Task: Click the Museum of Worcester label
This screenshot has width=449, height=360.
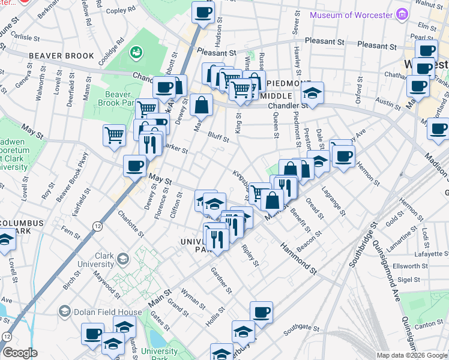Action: (351, 14)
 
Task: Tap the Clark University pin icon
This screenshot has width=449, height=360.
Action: (123, 259)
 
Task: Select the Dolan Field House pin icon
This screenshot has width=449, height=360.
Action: (65, 311)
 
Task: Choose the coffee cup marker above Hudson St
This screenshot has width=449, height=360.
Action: (203, 12)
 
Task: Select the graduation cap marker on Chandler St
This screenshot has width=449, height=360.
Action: (312, 93)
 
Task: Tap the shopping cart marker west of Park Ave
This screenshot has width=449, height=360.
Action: (114, 134)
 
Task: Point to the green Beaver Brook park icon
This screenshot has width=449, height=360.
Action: (137, 53)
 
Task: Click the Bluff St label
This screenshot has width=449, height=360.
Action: (218, 137)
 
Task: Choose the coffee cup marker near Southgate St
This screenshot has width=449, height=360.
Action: (261, 312)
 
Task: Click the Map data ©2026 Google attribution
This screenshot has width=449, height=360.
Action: (411, 355)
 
